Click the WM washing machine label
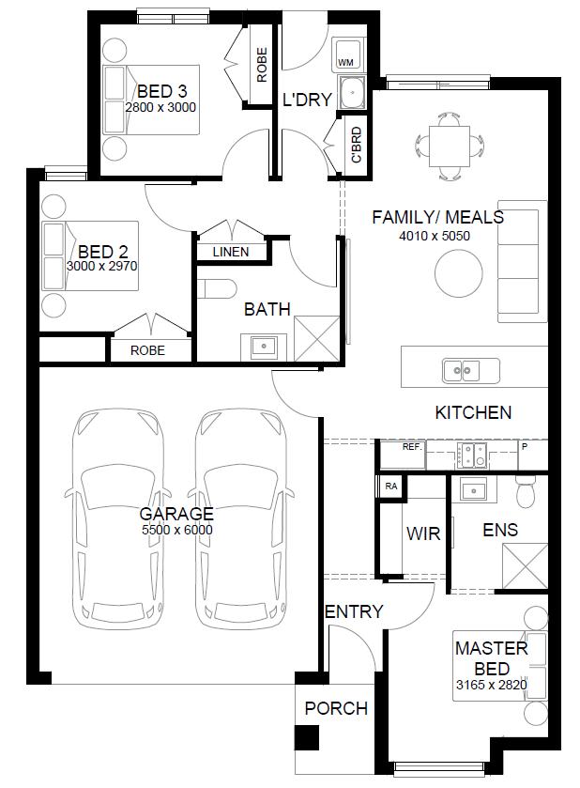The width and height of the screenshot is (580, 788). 345,63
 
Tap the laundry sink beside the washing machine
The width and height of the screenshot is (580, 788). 352,92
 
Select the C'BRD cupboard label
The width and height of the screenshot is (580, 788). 356,145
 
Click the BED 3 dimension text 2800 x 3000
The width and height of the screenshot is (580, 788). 160,107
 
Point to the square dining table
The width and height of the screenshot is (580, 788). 450,147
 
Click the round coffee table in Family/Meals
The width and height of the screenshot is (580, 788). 459,273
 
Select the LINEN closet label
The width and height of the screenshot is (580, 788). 231,252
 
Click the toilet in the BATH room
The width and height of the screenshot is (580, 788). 217,289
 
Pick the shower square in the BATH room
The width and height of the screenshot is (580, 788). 317,338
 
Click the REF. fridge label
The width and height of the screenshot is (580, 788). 413,447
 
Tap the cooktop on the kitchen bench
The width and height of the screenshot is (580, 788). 472,455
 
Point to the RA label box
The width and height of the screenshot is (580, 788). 391,486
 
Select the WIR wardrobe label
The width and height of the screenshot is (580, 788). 423,533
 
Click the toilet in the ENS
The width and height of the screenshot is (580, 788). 527,492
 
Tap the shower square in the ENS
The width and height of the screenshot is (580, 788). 525,565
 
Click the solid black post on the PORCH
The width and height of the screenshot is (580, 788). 306,738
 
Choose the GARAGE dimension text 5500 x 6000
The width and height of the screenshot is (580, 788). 177,530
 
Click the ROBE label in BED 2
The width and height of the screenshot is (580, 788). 147,350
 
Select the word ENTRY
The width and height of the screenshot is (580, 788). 354,611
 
